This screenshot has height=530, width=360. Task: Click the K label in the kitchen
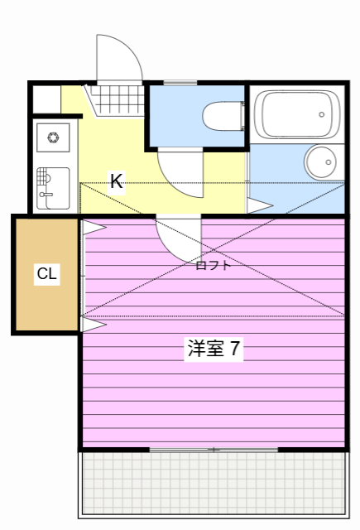(117, 181)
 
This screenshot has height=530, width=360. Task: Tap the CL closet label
(47, 274)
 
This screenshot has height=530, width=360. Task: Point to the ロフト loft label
(213, 266)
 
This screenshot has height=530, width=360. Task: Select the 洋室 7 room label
(214, 349)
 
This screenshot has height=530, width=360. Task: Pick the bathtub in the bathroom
(296, 114)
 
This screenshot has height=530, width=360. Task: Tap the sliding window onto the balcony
(214, 449)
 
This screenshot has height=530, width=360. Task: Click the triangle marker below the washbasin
(259, 205)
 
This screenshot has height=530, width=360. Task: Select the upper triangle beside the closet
(93, 225)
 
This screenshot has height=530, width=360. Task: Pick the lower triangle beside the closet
(93, 324)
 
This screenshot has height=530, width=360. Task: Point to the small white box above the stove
(47, 100)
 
